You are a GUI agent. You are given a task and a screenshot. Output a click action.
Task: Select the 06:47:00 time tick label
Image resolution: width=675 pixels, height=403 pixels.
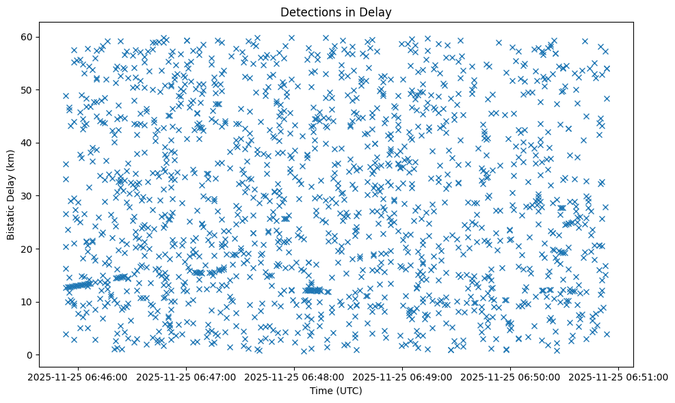click(x=187, y=376)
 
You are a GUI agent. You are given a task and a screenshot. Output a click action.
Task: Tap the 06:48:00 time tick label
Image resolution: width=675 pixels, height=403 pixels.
click(x=295, y=376)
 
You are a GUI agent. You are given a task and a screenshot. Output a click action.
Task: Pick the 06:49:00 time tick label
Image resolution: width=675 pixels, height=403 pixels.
click(x=403, y=376)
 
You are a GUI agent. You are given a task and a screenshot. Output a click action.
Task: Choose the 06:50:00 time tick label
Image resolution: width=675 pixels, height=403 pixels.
click(x=511, y=376)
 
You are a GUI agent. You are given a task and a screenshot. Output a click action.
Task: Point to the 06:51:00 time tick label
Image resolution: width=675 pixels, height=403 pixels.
click(x=619, y=376)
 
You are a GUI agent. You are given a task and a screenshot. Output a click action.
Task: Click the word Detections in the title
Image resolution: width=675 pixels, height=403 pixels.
click(x=302, y=12)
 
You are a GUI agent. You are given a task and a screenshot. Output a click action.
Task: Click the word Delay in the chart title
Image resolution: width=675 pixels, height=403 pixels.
click(x=377, y=12)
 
